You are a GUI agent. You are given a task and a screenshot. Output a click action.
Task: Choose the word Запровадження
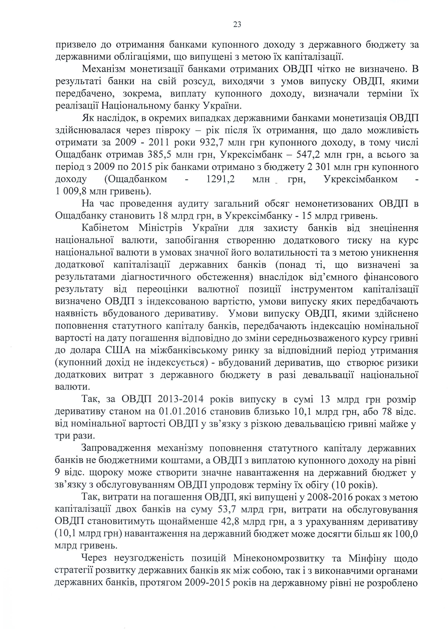[x=116, y=448]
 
